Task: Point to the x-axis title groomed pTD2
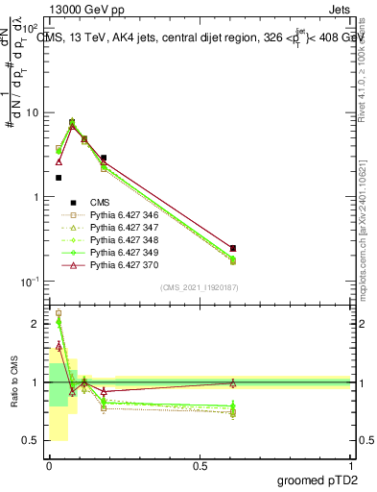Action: [314, 479]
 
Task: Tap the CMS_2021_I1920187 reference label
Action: [199, 287]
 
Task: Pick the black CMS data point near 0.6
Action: [233, 248]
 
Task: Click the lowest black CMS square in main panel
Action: [59, 178]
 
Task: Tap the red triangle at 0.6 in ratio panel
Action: [233, 382]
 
